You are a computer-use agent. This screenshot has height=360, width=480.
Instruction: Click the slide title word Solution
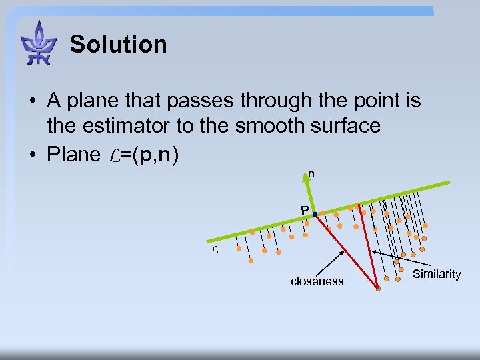[x=118, y=45]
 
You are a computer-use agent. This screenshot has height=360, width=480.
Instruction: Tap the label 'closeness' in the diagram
[x=317, y=281]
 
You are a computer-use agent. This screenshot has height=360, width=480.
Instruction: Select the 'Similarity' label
[x=437, y=274]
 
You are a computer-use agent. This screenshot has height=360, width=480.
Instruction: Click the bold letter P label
[x=304, y=211]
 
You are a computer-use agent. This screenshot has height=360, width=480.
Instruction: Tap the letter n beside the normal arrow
[x=311, y=174]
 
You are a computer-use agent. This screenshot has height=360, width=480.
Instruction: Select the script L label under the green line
[x=214, y=251]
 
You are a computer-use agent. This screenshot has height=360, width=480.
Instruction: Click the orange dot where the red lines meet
[x=377, y=289]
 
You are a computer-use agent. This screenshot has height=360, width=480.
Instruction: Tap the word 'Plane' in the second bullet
[x=73, y=154]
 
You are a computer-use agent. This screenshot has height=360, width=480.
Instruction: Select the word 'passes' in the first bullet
[x=202, y=101]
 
